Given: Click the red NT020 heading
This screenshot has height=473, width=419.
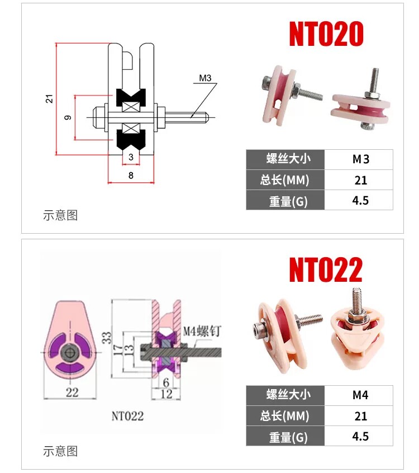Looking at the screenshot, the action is [x=326, y=34].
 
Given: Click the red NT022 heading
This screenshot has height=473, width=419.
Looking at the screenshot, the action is [x=326, y=269].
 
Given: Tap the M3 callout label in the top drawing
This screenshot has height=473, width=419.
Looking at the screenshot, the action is [x=205, y=78].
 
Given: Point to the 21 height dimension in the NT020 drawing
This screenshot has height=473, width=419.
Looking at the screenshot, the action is [x=49, y=98].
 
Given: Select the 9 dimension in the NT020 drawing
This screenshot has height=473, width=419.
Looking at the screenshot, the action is [x=68, y=117].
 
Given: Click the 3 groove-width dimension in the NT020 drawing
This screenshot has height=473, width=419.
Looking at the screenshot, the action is [x=131, y=157].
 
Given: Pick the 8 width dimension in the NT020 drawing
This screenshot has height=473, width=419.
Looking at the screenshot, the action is [x=131, y=175].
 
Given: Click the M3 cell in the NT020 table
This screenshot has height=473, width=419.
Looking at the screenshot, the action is [x=360, y=159].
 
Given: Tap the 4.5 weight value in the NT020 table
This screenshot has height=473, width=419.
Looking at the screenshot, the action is [x=360, y=200].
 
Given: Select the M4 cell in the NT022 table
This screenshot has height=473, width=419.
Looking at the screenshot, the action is [x=360, y=395].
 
